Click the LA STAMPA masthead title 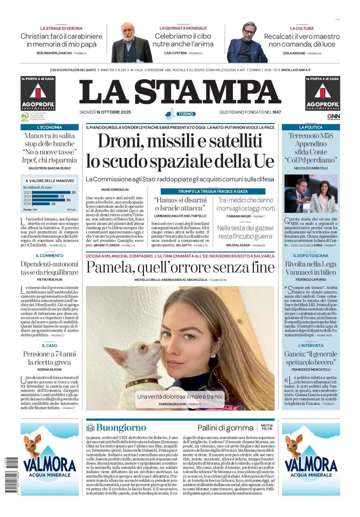pyautogui.click(x=180, y=92)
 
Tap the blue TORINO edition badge pyautogui.click(x=186, y=114)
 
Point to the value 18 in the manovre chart pyautogui.click(x=53, y=204)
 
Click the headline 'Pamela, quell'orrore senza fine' pyautogui.click(x=180, y=267)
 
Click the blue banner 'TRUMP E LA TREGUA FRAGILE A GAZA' pyautogui.click(x=213, y=191)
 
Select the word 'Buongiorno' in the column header pyautogui.click(x=121, y=428)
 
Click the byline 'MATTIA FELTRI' pyautogui.click(x=267, y=427)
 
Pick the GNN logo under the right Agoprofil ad pyautogui.click(x=333, y=116)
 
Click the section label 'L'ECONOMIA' pyautogui.click(x=49, y=127)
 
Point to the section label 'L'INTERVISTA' pyautogui.click(x=311, y=345)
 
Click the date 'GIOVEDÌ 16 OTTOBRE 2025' pyautogui.click(x=105, y=112)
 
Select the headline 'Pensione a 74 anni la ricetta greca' pyautogui.click(x=49, y=358)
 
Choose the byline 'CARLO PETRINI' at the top pyautogui.click(x=175, y=53)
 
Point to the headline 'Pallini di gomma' pyautogui.click(x=225, y=428)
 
